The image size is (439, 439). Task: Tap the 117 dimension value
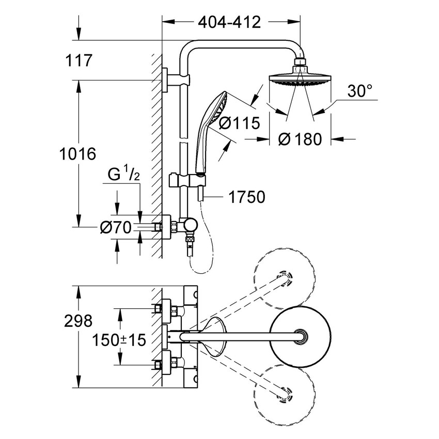[79, 60]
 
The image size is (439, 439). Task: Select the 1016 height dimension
[78, 153]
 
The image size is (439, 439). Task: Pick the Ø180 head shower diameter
[300, 139]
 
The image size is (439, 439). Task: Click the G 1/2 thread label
[123, 174]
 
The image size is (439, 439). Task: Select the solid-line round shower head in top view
[299, 337]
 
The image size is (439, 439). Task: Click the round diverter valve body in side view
[191, 226]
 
